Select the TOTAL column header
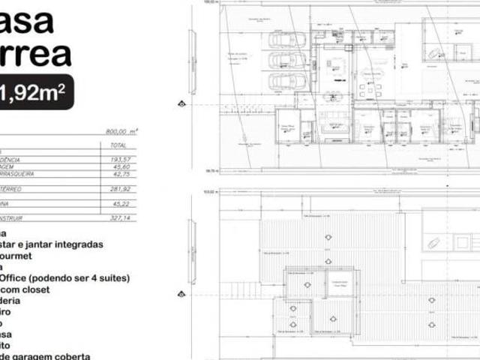[118, 145]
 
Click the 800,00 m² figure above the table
[121, 130]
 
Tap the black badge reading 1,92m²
[35, 91]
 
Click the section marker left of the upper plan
[181, 104]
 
